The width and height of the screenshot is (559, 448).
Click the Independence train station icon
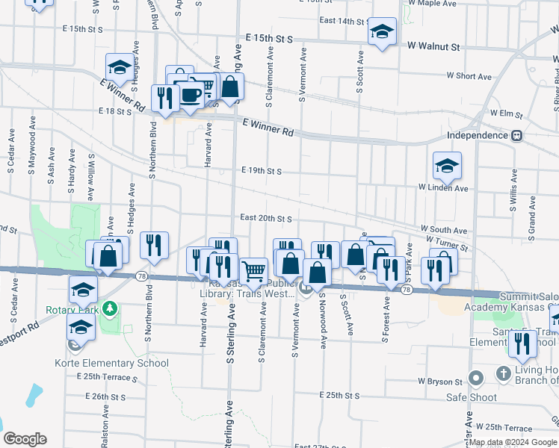point(516,135)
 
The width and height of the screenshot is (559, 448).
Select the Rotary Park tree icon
point(110,308)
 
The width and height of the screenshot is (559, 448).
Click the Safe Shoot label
point(472,397)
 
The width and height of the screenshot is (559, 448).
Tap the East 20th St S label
point(265,218)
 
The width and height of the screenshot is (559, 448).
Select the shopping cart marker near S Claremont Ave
point(253,271)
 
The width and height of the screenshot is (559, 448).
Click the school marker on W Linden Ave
point(447,166)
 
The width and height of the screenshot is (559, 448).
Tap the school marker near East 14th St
point(382,31)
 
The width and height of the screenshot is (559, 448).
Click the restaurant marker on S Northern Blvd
point(154,245)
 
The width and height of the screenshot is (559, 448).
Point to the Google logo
point(25,439)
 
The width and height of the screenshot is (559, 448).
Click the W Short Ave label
point(469,76)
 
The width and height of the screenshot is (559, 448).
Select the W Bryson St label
point(443,381)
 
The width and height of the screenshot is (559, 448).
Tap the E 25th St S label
point(339,394)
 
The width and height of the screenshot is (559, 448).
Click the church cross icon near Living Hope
point(504,372)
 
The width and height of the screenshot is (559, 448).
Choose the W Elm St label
point(505,113)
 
